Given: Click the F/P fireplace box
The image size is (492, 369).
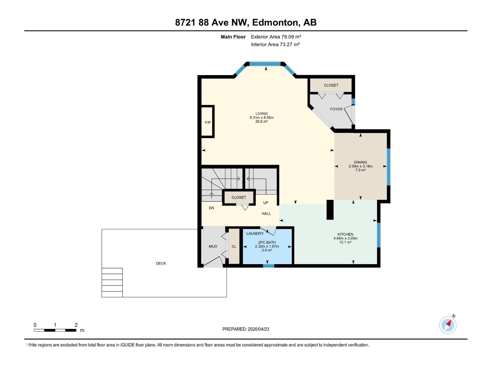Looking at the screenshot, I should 208,122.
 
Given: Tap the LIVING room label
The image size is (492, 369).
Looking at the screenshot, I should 261,113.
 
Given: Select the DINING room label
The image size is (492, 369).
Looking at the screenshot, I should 360,162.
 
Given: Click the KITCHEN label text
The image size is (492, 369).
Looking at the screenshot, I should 345,234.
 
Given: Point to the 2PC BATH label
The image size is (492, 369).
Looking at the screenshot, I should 267,242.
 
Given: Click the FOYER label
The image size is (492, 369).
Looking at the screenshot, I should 336,109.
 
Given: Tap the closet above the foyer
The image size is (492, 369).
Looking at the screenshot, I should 331,85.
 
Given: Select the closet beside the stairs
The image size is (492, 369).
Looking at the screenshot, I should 239,197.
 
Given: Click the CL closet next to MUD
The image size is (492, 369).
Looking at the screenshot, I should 234,246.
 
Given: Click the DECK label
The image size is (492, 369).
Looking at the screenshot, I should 161,263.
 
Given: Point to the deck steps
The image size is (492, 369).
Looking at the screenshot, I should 112,282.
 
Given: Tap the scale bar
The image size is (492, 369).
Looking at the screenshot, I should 55,330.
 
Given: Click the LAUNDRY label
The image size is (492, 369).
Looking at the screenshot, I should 255,233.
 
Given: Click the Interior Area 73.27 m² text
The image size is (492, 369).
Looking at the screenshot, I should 275,44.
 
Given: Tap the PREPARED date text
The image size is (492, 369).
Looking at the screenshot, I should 246,329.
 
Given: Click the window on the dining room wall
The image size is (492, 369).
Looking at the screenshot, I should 388,167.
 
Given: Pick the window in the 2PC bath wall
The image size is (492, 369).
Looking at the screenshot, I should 268,266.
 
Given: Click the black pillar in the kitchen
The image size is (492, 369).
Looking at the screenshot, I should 330,210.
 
